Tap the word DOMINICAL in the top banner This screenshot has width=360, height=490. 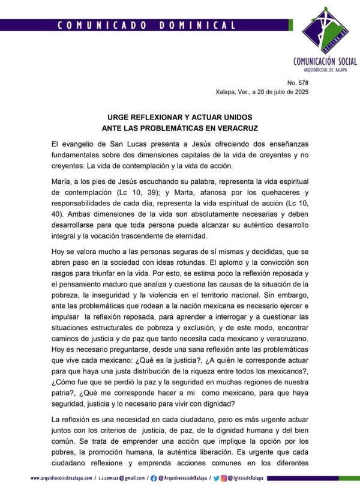click(197, 25)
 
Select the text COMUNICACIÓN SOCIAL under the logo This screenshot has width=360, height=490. click(325, 61)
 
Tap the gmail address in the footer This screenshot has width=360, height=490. click(124, 478)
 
